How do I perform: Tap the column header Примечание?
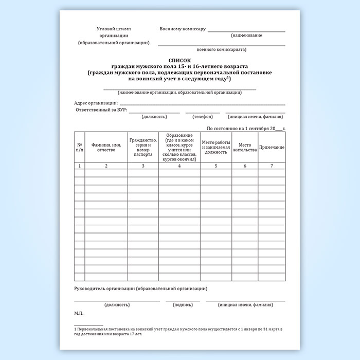pos(272,148)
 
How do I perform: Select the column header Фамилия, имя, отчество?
pos(106,148)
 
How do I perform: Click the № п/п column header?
pos(79,148)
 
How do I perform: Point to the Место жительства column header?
pos(245,148)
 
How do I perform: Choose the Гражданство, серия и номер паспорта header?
pos(142,148)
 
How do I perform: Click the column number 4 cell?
pos(179,166)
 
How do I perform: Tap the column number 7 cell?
pos(272,166)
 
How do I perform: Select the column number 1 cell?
pos(79,166)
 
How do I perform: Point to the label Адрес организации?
pos(96,103)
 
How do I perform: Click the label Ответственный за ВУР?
pos(101,110)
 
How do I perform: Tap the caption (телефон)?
pos(203,117)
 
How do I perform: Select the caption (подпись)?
pos(183,304)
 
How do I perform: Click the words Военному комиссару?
pos(183,29)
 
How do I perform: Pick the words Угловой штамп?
pos(114,29)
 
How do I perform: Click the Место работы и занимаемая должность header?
pos(216,148)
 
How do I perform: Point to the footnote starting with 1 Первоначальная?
pos(178,330)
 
